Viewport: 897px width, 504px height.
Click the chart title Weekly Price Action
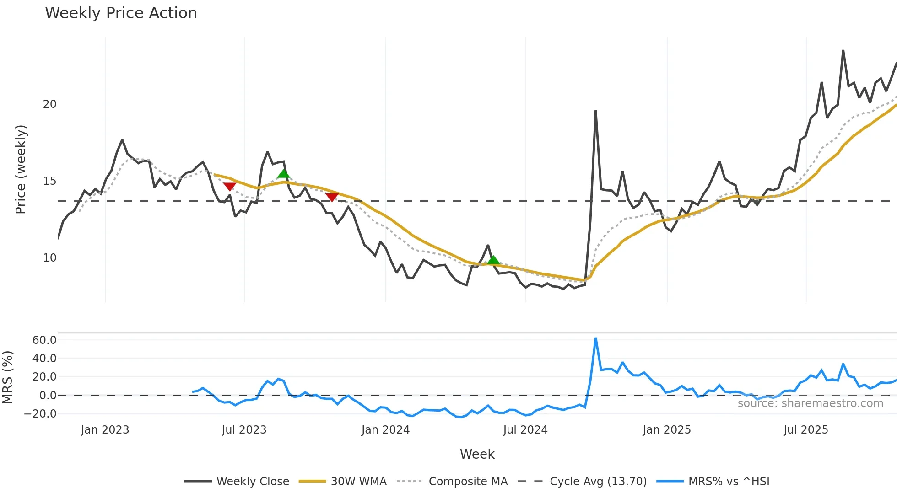tap(121, 13)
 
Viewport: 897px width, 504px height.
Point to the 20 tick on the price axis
tap(49, 104)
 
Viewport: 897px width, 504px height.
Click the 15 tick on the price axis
tap(49, 181)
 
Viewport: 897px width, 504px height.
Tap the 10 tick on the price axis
tap(49, 258)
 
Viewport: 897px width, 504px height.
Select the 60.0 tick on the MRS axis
tap(44, 340)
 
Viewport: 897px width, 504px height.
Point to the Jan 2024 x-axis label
tap(385, 430)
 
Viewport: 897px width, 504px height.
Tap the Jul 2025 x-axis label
tap(806, 430)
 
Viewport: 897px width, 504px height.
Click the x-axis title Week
tap(477, 454)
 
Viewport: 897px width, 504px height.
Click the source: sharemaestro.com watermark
tap(810, 403)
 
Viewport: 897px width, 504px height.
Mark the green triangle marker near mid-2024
tap(493, 260)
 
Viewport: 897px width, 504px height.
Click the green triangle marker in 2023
tap(284, 173)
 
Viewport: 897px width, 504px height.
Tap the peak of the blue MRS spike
tap(595, 338)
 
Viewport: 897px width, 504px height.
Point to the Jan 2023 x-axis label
tap(105, 430)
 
